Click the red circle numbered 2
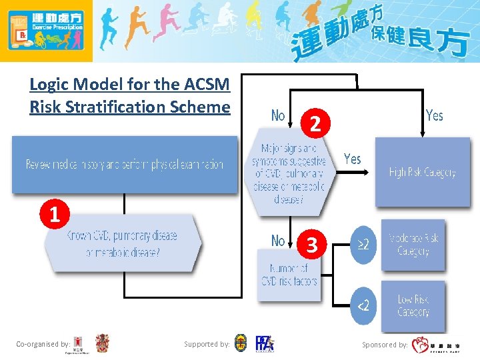[x=320, y=123]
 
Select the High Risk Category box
[x=422, y=172]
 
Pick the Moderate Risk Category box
[x=413, y=245]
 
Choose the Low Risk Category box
[x=413, y=305]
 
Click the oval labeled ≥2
[x=363, y=245]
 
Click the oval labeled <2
[x=363, y=305]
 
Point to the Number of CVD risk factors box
[x=289, y=274]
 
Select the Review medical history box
[x=124, y=164]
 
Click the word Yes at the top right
[x=434, y=116]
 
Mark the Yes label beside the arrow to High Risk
[x=352, y=159]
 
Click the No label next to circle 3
[x=278, y=241]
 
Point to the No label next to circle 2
[x=278, y=116]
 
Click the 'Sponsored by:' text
[x=385, y=345]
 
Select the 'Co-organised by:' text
[x=43, y=344]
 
